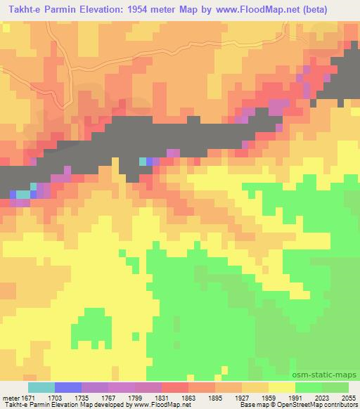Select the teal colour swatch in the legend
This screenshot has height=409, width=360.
[x=41, y=387]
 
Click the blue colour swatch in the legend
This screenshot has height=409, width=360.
[x=67, y=387]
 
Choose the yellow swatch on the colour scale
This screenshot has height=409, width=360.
[x=281, y=387]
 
